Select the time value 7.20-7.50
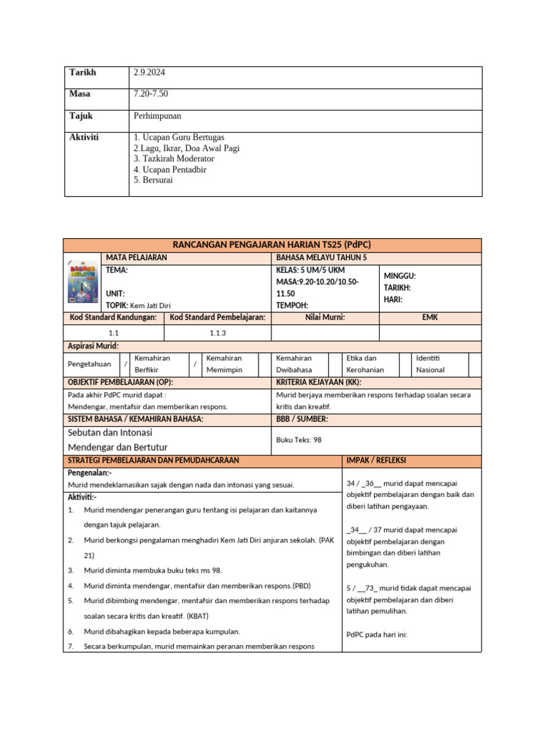click(151, 94)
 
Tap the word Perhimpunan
click(157, 115)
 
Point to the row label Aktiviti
click(84, 137)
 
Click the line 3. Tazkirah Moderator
click(174, 159)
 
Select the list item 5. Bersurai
click(153, 180)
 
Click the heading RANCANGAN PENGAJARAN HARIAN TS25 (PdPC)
click(273, 245)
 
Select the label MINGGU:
click(400, 276)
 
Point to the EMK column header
click(429, 317)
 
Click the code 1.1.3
click(218, 333)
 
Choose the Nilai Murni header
click(325, 317)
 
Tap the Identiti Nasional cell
click(431, 364)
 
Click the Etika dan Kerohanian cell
click(365, 364)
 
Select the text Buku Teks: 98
click(298, 440)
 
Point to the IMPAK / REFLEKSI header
click(376, 461)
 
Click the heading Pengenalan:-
click(90, 473)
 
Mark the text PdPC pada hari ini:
click(377, 634)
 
